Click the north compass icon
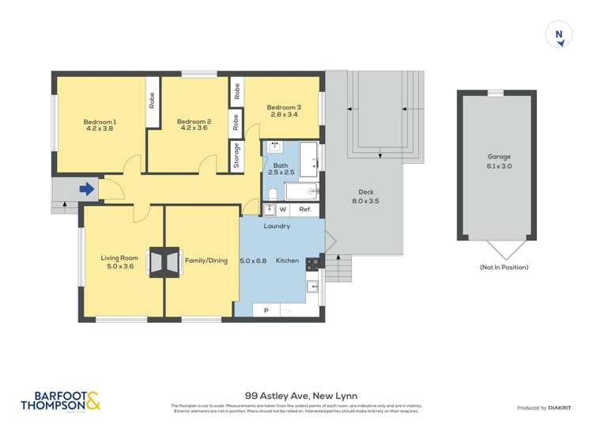pyautogui.click(x=559, y=35)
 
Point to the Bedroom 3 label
pyautogui.click(x=283, y=107)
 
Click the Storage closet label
pyautogui.click(x=236, y=155)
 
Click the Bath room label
pyautogui.click(x=281, y=165)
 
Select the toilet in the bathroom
pyautogui.click(x=271, y=193)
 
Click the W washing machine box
pyautogui.click(x=282, y=210)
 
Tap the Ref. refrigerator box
pyautogui.click(x=304, y=210)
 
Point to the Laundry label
pyautogui.click(x=277, y=226)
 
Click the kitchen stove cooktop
pyautogui.click(x=312, y=265)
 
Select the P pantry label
pyautogui.click(x=266, y=310)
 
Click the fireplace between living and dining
pyautogui.click(x=164, y=264)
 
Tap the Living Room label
pyautogui.click(x=119, y=258)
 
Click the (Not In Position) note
pyautogui.click(x=503, y=268)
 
